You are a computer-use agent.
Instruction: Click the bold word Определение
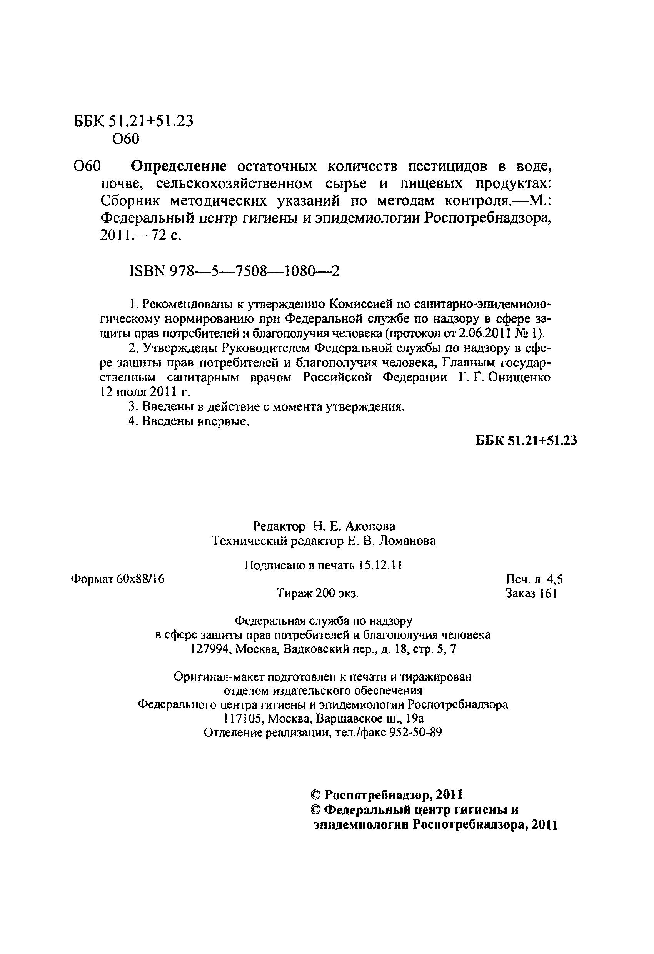pyautogui.click(x=179, y=166)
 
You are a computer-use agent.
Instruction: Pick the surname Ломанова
pyautogui.click(x=407, y=541)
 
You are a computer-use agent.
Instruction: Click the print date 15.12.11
pyautogui.click(x=380, y=565)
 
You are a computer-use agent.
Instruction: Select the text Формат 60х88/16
pyautogui.click(x=118, y=579)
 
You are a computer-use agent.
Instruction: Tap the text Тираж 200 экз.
pyautogui.click(x=317, y=593)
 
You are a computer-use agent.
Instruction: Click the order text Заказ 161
pyautogui.click(x=531, y=593)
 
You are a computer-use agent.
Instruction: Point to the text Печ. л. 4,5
pyautogui.click(x=534, y=579)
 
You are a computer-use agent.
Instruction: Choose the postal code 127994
pyautogui.click(x=210, y=649)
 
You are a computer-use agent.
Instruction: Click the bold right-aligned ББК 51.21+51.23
pyautogui.click(x=526, y=440)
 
